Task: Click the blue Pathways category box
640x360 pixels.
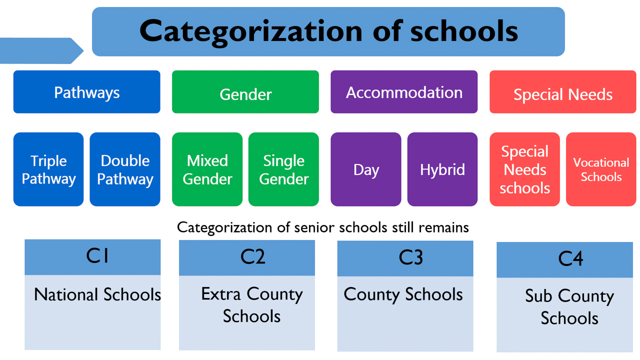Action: [86, 92]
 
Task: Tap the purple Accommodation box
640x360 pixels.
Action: [404, 92]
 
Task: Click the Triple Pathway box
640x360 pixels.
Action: [48, 169]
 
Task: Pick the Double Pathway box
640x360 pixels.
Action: [125, 169]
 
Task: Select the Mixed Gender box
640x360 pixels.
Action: [207, 169]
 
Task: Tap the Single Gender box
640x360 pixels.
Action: [283, 169]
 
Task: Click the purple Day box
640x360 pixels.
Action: [365, 169]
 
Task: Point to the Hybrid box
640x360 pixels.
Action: [442, 169]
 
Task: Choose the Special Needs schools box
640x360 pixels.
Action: [524, 169]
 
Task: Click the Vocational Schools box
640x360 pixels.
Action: [601, 169]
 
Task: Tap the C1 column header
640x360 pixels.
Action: [92, 257]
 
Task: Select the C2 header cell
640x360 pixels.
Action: [247, 257]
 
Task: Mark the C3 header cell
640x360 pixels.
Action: [405, 258]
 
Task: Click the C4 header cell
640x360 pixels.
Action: [564, 260]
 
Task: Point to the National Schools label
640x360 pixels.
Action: [97, 294]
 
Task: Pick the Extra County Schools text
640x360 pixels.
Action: [251, 305]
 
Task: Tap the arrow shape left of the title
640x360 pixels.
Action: [40, 50]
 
